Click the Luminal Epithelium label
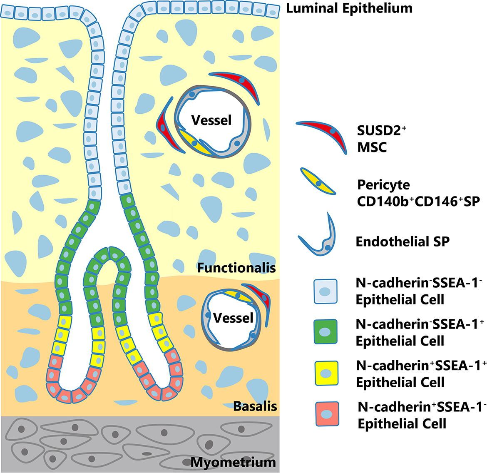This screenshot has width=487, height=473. [349, 8]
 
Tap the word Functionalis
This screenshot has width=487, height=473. [236, 268]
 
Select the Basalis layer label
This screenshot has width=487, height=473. [255, 406]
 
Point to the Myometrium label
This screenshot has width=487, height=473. [233, 463]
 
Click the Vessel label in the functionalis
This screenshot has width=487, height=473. [211, 120]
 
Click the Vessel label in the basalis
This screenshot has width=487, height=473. [233, 318]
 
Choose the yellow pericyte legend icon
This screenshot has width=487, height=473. [318, 181]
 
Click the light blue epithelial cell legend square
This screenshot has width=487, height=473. [325, 291]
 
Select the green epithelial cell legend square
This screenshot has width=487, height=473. [325, 331]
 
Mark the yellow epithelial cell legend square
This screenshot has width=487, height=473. [326, 373]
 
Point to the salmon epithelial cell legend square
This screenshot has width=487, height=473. [327, 414]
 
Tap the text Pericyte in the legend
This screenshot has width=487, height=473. [384, 185]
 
